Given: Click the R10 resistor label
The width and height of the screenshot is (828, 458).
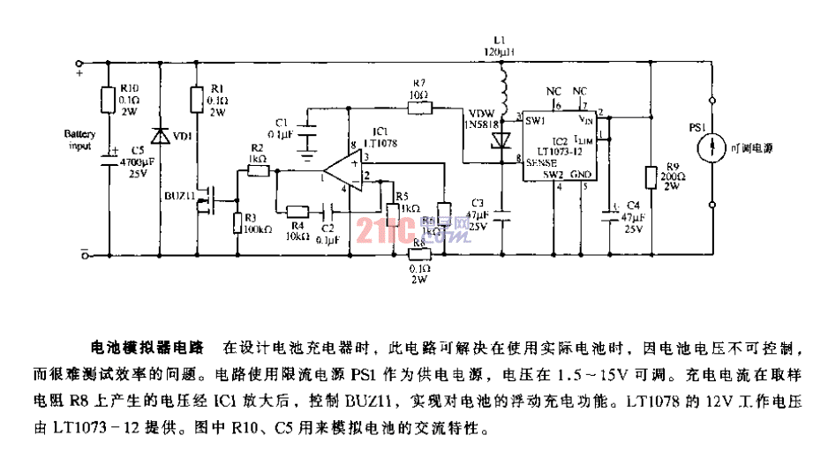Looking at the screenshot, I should click(129, 89).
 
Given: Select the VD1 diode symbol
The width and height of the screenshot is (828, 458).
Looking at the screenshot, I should click(159, 136).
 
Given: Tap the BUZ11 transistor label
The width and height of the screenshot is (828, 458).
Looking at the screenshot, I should click(179, 195).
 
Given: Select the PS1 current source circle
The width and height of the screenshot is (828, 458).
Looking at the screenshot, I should click(712, 147).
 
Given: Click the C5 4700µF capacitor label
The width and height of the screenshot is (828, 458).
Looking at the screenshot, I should click(132, 164).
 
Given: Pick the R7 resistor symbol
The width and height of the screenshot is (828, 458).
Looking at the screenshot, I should click(419, 109).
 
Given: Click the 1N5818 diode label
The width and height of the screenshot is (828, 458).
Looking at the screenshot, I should click(482, 124).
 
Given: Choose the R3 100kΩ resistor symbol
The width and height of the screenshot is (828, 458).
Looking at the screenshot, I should click(237, 221).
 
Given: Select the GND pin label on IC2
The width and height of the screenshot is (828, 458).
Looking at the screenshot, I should click(580, 175).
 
